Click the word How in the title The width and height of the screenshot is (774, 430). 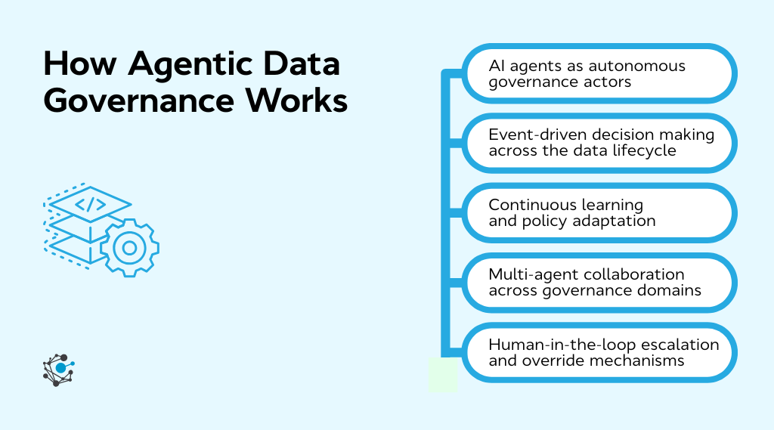[x=79, y=66]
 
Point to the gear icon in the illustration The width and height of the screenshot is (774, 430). [x=129, y=247]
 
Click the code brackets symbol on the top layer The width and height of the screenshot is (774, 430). [x=89, y=203]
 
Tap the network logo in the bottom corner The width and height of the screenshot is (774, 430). [x=58, y=370]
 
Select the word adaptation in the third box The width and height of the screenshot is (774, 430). [x=613, y=221]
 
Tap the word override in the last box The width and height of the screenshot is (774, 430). [x=547, y=360]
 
